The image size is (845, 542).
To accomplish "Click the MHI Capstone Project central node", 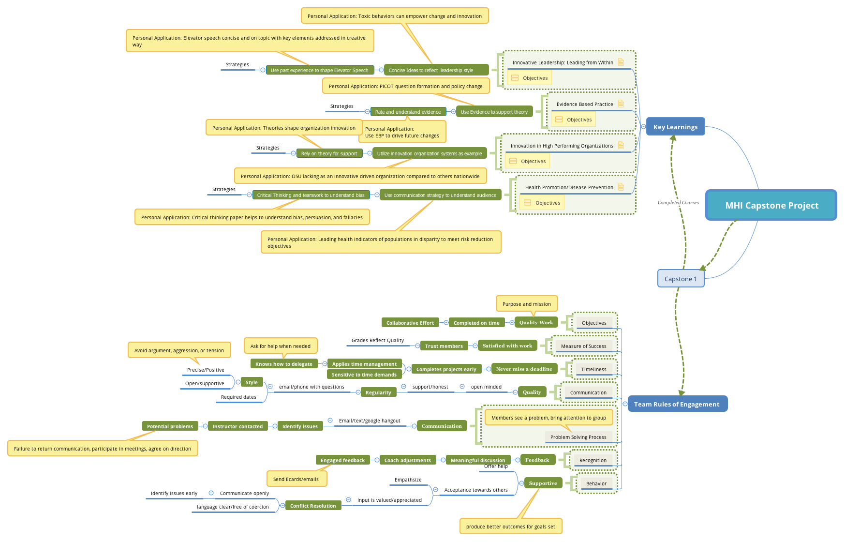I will (771, 205).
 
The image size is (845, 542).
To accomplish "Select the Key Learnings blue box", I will (675, 127).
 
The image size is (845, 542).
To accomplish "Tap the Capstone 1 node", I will (681, 279).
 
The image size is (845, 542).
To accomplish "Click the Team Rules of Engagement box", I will (677, 404).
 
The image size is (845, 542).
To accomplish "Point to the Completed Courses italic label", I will (678, 203).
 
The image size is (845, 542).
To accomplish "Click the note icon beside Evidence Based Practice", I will (621, 104).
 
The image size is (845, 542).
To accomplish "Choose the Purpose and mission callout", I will (526, 304).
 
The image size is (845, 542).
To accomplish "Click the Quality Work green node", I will (536, 322).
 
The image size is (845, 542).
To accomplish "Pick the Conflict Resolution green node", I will (313, 506).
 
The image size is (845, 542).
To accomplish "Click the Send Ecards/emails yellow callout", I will (296, 479).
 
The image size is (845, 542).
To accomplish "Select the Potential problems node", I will (170, 426).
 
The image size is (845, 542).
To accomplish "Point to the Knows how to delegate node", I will (284, 364).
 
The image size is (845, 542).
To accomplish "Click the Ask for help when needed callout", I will (281, 346).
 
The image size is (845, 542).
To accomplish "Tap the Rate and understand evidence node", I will (408, 112).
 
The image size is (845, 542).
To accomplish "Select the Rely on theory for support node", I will (329, 153).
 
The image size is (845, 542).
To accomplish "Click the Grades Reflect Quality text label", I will (378, 340).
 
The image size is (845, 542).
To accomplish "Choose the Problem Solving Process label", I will (578, 437).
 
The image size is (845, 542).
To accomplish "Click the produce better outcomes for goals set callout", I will (510, 527).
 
